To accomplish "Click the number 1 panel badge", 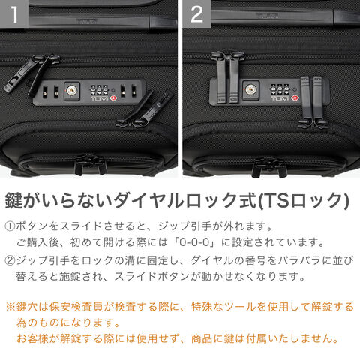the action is click(x=14, y=14).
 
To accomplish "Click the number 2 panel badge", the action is click(x=196, y=14).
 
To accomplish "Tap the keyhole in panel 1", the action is click(x=72, y=91).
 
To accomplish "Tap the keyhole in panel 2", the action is click(x=250, y=90).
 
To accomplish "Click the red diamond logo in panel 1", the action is click(x=115, y=97).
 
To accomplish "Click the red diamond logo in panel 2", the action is click(x=295, y=97).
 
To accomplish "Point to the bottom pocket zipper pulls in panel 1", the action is click(x=91, y=163).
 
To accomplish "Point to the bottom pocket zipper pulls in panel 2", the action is click(x=269, y=166).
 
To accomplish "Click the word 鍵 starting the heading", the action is click(x=13, y=200).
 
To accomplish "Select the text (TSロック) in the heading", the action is click(x=303, y=200).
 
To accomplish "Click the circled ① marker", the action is click(x=10, y=226).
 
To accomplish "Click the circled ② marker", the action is click(x=10, y=261).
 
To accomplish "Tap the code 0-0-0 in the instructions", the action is click(x=194, y=242).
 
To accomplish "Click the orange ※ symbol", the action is click(x=10, y=307).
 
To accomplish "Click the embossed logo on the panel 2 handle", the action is click(x=267, y=16).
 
